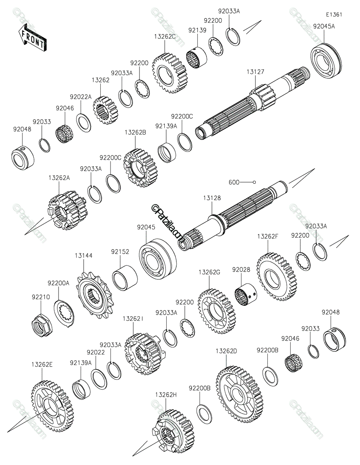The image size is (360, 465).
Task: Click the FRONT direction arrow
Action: pyautogui.click(x=32, y=37)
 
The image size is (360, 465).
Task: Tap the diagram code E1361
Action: pyautogui.click(x=334, y=15)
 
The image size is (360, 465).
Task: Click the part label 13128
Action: pyautogui.click(x=212, y=198)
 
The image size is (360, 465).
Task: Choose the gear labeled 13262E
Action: pyautogui.click(x=51, y=406)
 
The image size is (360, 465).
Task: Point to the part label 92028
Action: pyautogui.click(x=241, y=269)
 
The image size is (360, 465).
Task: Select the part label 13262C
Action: pyautogui.click(x=165, y=36)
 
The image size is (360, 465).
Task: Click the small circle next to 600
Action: pyautogui.click(x=255, y=182)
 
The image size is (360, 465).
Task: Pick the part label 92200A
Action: pyautogui.click(x=59, y=283)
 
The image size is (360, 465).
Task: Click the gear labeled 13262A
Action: pyautogui.click(x=66, y=212)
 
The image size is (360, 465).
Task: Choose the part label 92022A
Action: pyautogui.click(x=81, y=97)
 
